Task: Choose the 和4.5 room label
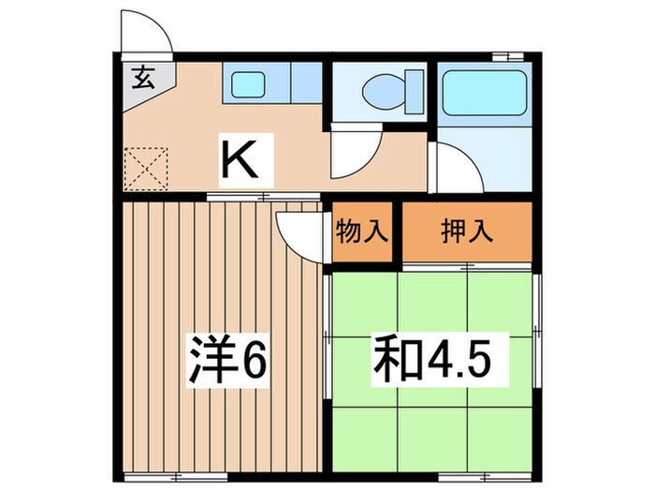(432, 357)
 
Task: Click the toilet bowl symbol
(384, 92)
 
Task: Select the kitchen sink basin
(248, 82)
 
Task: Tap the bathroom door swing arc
(456, 167)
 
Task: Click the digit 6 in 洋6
(257, 357)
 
